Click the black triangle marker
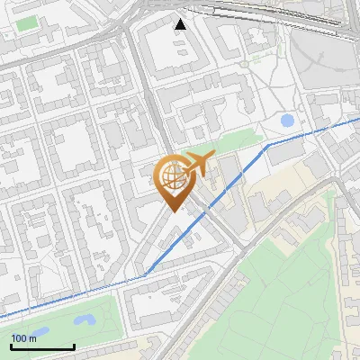[x=181, y=24]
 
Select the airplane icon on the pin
[x=197, y=165]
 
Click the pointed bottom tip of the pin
[x=174, y=211]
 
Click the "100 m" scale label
[x=23, y=338]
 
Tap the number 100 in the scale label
[x=19, y=338]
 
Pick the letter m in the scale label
[x=33, y=338]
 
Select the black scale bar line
[x=42, y=346]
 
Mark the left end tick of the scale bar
[x=11, y=345]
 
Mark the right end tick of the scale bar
[x=74, y=345]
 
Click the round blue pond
[x=287, y=120]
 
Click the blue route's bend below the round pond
[x=267, y=144]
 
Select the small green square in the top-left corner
[x=28, y=22]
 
